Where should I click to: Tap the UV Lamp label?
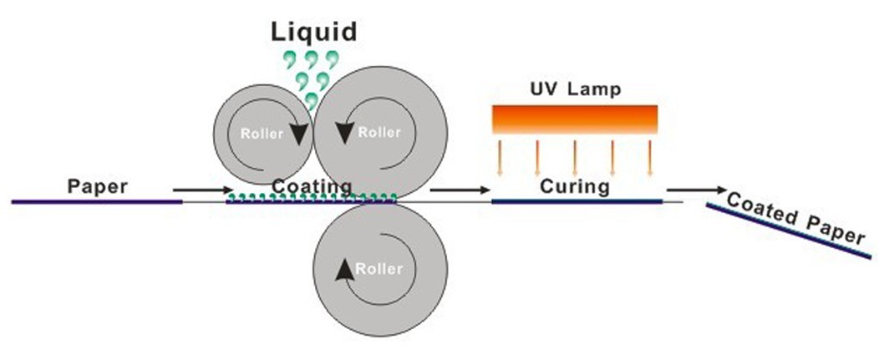(576, 89)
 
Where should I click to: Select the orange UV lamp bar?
(576, 119)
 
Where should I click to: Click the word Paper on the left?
(99, 185)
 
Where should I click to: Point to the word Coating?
(312, 185)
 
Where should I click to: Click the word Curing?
(576, 185)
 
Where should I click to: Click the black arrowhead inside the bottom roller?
(342, 269)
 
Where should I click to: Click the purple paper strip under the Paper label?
(96, 201)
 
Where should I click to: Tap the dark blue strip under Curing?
(577, 201)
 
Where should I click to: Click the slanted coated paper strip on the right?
(785, 231)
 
